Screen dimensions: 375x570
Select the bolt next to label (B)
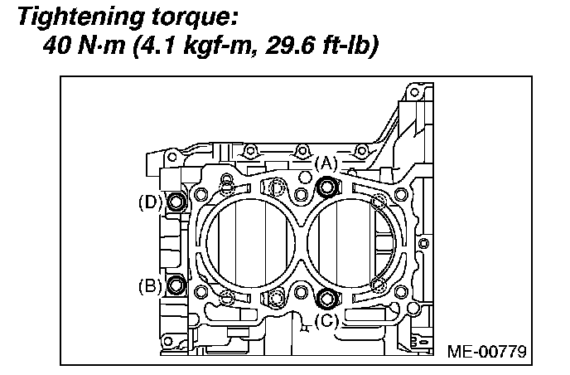176,285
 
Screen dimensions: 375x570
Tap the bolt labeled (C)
326,298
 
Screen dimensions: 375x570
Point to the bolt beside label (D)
176,202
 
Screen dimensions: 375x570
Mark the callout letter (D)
149,202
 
